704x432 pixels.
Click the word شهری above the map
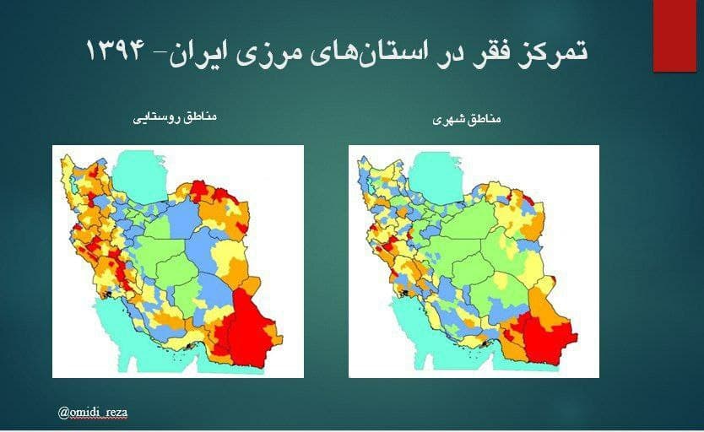click(448, 121)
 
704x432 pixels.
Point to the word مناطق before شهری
click(485, 121)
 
